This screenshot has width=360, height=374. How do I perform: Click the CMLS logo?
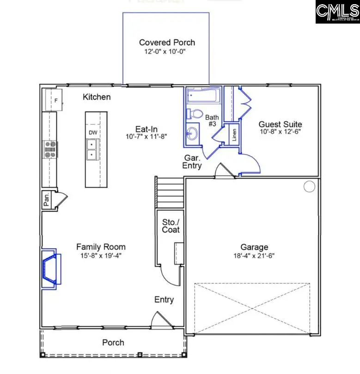click(x=337, y=12)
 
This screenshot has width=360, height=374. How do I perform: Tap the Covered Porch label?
click(x=167, y=43)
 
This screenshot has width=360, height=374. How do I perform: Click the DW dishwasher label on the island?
click(x=93, y=133)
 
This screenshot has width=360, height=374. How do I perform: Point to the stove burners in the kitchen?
click(x=50, y=149)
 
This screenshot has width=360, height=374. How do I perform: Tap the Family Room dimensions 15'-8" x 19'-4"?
click(x=101, y=255)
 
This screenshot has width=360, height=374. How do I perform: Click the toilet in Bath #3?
click(x=195, y=113)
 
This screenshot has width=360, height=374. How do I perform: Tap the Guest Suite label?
click(x=280, y=124)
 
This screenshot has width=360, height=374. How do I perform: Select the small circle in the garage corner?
click(x=309, y=186)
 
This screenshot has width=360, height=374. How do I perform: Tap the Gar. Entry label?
click(x=192, y=161)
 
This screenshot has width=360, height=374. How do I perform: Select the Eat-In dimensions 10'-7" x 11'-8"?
click(x=145, y=136)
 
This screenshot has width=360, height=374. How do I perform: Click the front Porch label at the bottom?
click(x=113, y=342)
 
